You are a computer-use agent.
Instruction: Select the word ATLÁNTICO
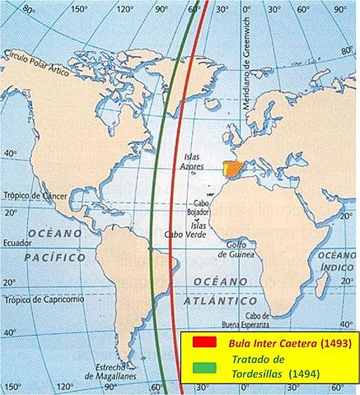[x=208, y=302]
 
